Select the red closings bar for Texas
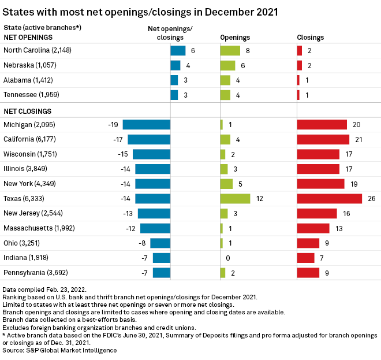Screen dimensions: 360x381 [x=329, y=199]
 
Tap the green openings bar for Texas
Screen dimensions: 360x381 [x=235, y=199]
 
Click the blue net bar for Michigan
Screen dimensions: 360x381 [x=147, y=124]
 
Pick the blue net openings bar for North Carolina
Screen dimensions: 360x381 [x=178, y=51]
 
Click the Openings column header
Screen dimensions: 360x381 [x=235, y=38]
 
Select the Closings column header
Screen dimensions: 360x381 [x=310, y=38]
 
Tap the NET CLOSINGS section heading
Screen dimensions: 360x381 [x=28, y=111]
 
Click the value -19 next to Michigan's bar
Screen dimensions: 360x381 [x=113, y=125]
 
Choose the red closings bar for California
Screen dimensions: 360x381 [x=323, y=139]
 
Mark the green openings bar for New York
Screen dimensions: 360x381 [x=226, y=184]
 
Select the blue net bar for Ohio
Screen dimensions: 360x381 [x=160, y=243]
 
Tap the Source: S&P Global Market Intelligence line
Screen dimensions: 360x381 [x=59, y=350]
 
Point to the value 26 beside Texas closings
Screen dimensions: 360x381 [x=371, y=199]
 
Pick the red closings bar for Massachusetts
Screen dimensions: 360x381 [x=313, y=228]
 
